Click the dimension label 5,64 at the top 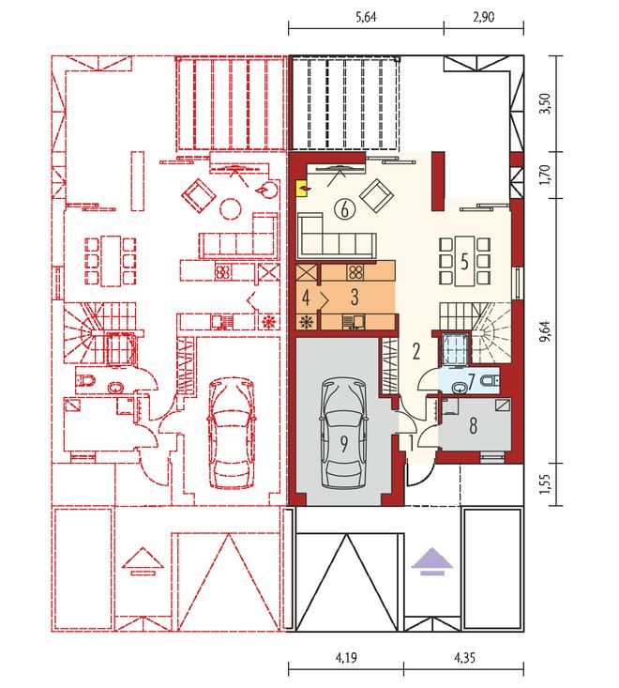pyautogui.click(x=366, y=17)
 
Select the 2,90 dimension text pyautogui.click(x=484, y=17)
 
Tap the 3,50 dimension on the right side pyautogui.click(x=546, y=103)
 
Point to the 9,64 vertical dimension pyautogui.click(x=546, y=331)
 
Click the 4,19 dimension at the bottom pyautogui.click(x=346, y=657)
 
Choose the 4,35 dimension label pyautogui.click(x=464, y=657)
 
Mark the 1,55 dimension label pyautogui.click(x=546, y=484)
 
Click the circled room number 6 pyautogui.click(x=344, y=209)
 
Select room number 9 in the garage pyautogui.click(x=344, y=444)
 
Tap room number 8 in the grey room pyautogui.click(x=473, y=425)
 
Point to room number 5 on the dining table pyautogui.click(x=464, y=262)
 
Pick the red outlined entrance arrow pyautogui.click(x=142, y=561)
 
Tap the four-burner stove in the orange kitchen pyautogui.click(x=355, y=272)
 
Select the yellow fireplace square pyautogui.click(x=302, y=189)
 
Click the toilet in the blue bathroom pyautogui.click(x=490, y=381)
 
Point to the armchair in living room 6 pyautogui.click(x=376, y=195)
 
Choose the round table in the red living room pyautogui.click(x=231, y=208)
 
